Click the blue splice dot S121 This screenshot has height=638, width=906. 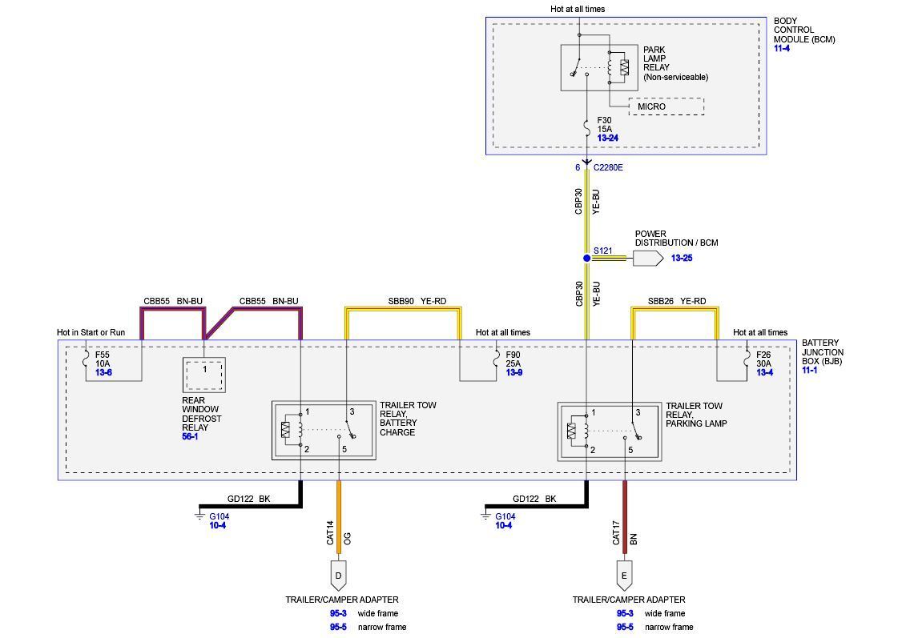pyautogui.click(x=586, y=258)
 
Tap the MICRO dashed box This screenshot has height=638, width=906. pyautogui.click(x=666, y=106)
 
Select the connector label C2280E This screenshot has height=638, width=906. pyautogui.click(x=608, y=168)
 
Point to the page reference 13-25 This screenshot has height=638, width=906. pyautogui.click(x=683, y=259)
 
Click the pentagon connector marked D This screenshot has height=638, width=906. pyautogui.click(x=338, y=575)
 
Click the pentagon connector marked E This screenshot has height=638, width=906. pyautogui.click(x=624, y=575)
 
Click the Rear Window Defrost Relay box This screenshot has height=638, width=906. pyautogui.click(x=204, y=374)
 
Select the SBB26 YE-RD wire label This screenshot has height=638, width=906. pyautogui.click(x=677, y=301)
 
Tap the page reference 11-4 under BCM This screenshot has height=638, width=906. pyautogui.click(x=782, y=49)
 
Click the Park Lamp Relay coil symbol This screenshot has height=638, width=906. pyautogui.click(x=624, y=68)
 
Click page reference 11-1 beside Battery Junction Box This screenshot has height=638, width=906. pyautogui.click(x=810, y=371)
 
